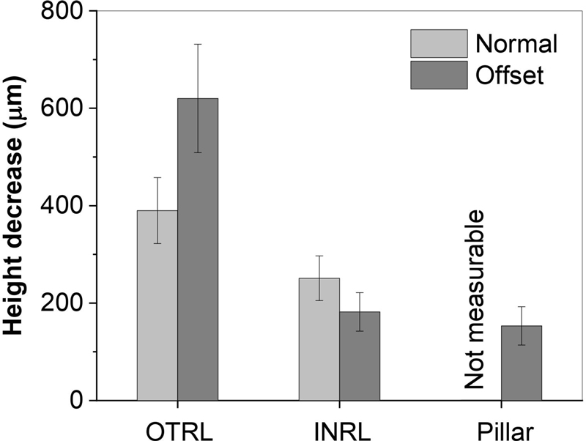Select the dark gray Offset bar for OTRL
(198, 249)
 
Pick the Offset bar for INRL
(360, 356)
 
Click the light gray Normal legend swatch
(438, 44)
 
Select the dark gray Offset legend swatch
(438, 75)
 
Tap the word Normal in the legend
(516, 44)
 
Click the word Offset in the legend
(510, 75)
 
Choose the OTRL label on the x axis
(178, 427)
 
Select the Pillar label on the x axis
(502, 427)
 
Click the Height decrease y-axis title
(19, 207)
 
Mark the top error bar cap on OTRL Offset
(198, 44)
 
